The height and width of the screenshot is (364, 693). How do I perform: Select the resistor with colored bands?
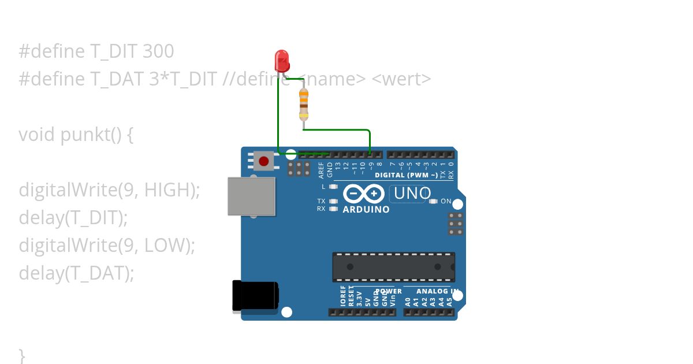coord(303,104)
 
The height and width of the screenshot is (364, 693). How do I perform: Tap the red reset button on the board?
coord(264,161)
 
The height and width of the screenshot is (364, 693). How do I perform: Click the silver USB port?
coord(251,196)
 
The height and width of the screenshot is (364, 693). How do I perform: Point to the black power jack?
coord(254,296)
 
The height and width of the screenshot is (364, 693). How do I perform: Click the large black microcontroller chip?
coord(393,267)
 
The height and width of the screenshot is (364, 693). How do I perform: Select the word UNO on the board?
coord(412,193)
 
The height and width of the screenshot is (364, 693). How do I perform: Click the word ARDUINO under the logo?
coord(366,210)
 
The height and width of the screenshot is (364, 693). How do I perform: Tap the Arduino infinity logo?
coord(363,194)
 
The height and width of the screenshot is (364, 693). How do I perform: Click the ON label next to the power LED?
coord(446,201)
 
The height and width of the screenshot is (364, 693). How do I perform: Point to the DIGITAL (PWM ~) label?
coord(406,175)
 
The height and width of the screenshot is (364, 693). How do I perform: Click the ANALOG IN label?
coord(437,291)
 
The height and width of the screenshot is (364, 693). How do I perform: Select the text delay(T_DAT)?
coord(76,273)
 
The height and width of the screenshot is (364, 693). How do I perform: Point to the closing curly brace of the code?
coord(22,354)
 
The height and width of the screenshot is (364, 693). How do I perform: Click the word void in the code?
coord(37,135)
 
